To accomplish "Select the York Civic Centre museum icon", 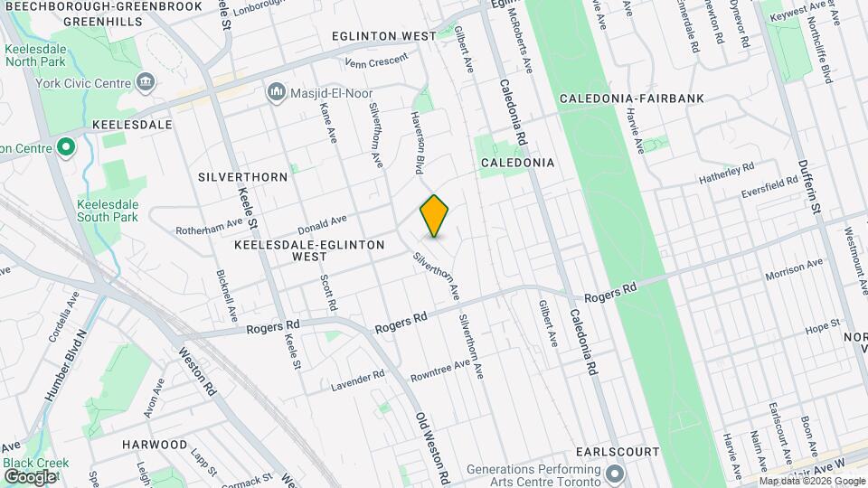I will tap(146, 84).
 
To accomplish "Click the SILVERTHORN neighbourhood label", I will tap(242, 176).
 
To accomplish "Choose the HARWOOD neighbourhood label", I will tap(155, 445).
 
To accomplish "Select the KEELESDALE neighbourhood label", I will tap(132, 124).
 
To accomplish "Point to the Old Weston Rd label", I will tap(432, 447).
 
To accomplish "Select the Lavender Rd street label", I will tap(357, 380).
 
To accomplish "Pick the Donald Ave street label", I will tap(323, 222).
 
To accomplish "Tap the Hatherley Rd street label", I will tap(726, 174).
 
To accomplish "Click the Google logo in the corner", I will tap(29, 476).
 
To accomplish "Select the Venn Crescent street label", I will tap(377, 62).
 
